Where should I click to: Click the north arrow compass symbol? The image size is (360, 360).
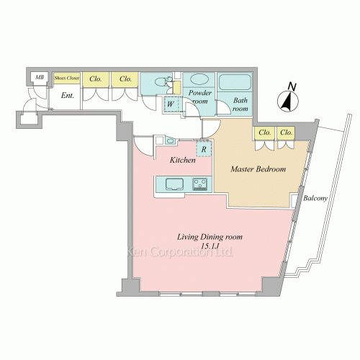[x=288, y=102]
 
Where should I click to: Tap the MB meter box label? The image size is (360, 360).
[x=40, y=77]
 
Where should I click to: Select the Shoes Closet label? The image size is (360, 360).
[x=67, y=78]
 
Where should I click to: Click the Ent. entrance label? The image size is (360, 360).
[x=68, y=96]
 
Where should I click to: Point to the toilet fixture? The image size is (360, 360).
[x=163, y=82]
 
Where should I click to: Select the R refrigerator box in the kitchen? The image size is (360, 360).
[x=204, y=149]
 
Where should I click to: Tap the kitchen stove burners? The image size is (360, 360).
[x=200, y=184]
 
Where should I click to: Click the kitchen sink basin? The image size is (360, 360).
[x=174, y=184]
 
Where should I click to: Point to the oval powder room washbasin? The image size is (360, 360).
[x=199, y=79]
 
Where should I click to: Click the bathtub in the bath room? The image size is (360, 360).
[x=235, y=82]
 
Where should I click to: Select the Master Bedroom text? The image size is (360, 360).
[x=258, y=169]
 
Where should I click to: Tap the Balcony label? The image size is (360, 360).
[x=315, y=198]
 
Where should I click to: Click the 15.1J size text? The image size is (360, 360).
[x=211, y=246]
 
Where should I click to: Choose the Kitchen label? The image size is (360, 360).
[x=183, y=160]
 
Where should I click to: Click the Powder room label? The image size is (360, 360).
[x=199, y=96]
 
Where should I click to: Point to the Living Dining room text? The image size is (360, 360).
[x=210, y=237]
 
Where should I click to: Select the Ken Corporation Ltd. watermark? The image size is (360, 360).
[x=180, y=252]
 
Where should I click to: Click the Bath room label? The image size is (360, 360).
[x=240, y=104]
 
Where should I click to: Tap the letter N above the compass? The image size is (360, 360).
[x=292, y=86]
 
